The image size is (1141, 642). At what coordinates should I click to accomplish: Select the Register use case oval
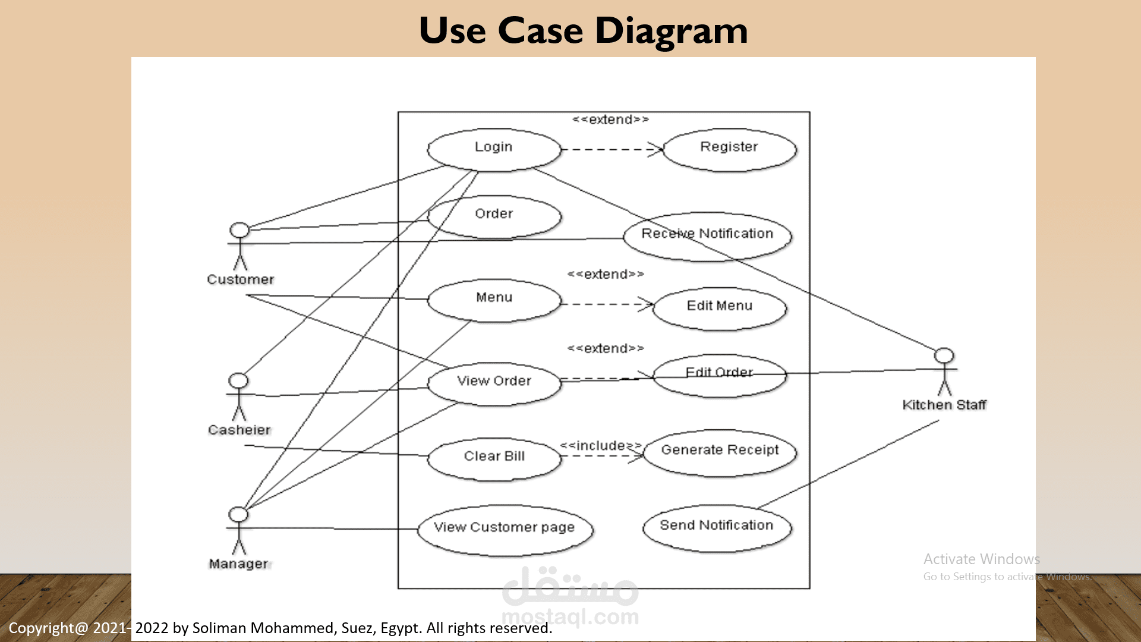coord(729,150)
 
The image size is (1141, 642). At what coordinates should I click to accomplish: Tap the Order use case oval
coord(494,216)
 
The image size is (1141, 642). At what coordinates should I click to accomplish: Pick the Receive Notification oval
coord(707,236)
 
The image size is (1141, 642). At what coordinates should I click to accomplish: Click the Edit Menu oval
coord(719,308)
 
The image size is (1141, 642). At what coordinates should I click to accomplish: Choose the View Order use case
coord(494,383)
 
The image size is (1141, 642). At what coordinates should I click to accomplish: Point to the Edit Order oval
coord(719,376)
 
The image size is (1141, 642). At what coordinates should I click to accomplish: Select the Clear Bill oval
coord(494,458)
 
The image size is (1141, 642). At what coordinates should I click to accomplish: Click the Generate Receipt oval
coord(720,452)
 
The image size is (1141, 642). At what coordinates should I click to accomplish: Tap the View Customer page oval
coord(505,530)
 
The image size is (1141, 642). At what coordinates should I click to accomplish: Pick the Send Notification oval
coord(717,528)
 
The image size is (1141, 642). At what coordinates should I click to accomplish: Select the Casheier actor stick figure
coord(238,396)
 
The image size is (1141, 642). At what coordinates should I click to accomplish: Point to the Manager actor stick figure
coord(238,530)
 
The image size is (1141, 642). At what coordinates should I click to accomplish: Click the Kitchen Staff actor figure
coord(944,372)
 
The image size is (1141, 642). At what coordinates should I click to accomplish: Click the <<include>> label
coord(600,446)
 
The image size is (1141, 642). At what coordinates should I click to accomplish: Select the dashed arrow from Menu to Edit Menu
coord(606,304)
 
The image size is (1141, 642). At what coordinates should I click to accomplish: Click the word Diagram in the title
coord(671,31)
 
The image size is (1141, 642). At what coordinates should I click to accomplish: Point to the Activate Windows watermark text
coord(981,559)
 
